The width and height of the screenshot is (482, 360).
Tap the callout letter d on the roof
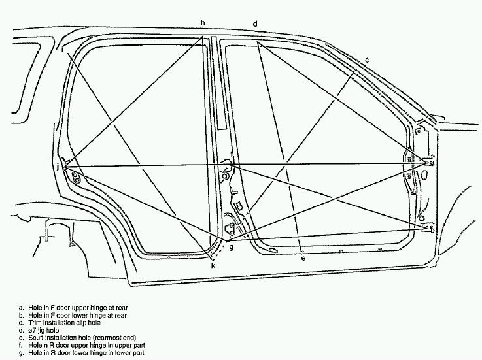pos(255,24)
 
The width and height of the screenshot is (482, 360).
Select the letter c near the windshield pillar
pos(368,60)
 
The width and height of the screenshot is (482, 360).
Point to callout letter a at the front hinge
pos(432,161)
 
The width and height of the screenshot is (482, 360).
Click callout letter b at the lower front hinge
pos(432,228)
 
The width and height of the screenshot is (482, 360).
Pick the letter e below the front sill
pos(303,258)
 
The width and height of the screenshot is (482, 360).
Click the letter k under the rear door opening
pos(213,265)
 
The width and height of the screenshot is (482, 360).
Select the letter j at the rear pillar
pos(59,168)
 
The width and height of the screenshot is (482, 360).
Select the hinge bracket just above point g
pos(230,228)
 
